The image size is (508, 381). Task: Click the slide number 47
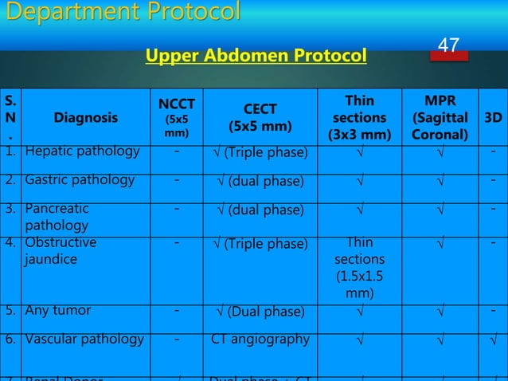pos(448,46)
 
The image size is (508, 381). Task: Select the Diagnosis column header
pos(84,118)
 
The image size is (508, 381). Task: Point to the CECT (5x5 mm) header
pos(260,118)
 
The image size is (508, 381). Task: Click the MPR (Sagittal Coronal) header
pos(440,118)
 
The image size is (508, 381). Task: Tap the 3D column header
pos(493,118)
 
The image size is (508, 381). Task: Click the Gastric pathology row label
pos(80,180)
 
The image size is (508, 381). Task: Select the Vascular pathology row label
pos(84,339)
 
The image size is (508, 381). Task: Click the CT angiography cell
pos(260,340)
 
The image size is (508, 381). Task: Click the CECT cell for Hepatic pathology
pos(260,152)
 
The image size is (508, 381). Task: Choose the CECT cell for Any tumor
pos(260,311)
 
